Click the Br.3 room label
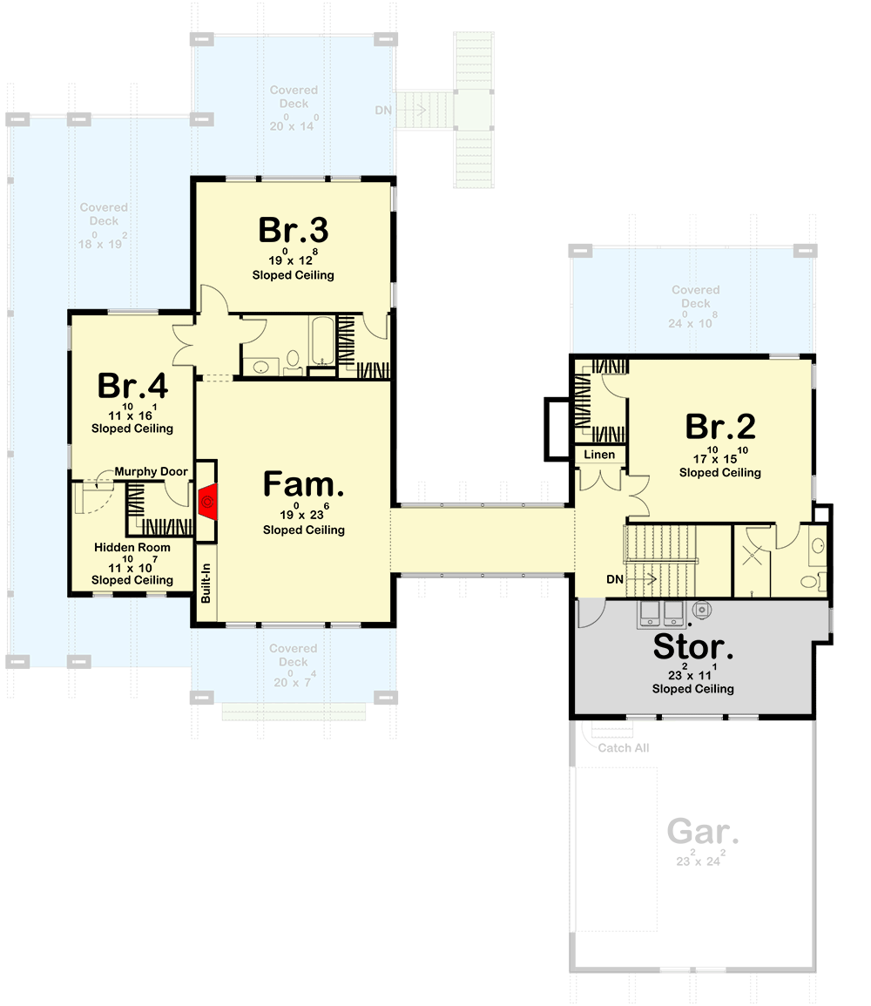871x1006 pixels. [x=293, y=231]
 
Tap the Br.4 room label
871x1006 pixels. [x=132, y=385]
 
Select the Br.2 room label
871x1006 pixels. [x=720, y=427]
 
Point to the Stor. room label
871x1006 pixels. [x=693, y=648]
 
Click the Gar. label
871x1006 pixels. [x=703, y=831]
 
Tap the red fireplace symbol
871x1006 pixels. [x=207, y=502]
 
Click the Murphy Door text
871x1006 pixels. [x=151, y=472]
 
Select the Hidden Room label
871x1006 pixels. [x=132, y=548]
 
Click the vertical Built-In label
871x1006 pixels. [x=206, y=583]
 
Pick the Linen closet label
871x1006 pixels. [x=599, y=455]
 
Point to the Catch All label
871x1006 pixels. [x=623, y=748]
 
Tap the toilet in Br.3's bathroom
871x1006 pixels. [x=293, y=360]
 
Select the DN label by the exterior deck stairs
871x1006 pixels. [x=383, y=111]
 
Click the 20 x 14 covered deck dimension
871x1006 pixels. [x=294, y=125]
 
